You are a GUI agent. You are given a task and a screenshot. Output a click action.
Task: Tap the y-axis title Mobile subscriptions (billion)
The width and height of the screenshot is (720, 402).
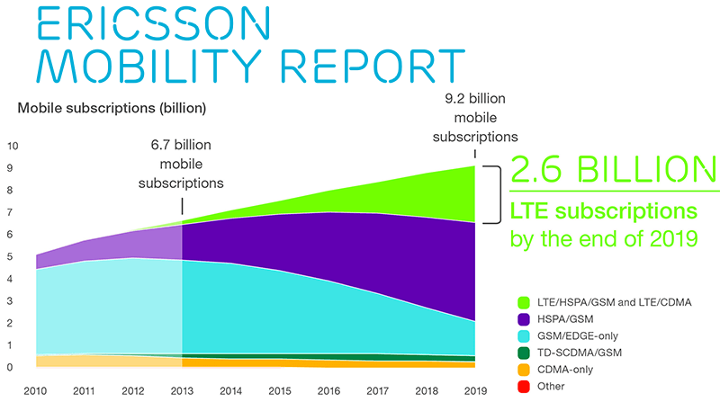coord(112,109)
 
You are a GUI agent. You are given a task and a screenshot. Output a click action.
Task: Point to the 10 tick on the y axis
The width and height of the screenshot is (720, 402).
coord(13,146)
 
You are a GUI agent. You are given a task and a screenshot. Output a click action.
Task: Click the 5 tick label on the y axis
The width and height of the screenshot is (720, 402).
coord(10,256)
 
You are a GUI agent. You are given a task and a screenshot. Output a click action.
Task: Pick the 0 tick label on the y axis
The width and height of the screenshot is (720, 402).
coord(10,367)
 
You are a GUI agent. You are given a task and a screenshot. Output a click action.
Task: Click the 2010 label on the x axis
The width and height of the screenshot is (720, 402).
coord(37,391)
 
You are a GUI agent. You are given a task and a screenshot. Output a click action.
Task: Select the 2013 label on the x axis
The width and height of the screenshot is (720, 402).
coord(183,391)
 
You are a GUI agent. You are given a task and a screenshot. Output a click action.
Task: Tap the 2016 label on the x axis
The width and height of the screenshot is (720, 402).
coord(329,391)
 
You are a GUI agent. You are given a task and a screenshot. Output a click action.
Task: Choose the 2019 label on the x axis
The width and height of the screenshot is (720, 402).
coord(475,391)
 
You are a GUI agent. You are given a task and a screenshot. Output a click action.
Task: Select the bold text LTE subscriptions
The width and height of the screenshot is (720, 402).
coord(602,212)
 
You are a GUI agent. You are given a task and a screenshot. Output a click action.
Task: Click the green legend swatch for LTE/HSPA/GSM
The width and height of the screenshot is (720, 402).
coord(524,301)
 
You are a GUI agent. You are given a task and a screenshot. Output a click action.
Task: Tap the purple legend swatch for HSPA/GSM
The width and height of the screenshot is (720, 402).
coord(524,318)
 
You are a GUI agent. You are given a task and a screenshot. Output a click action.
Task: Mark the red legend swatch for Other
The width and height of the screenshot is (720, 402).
coord(524,386)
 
